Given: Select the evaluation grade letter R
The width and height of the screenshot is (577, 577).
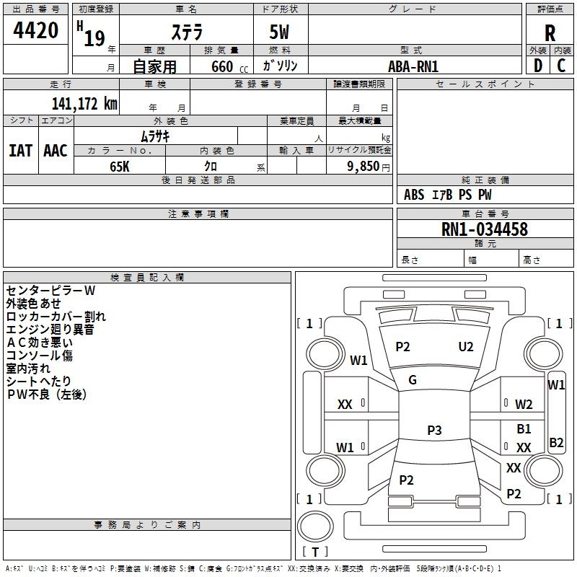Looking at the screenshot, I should [550, 32].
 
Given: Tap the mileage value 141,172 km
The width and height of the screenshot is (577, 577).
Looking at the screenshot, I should [84, 104].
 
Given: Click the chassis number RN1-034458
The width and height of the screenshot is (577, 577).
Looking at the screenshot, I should [485, 230].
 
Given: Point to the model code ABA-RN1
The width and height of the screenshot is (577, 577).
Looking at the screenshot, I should [413, 66].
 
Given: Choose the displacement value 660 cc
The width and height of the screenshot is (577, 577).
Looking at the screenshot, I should [220, 66].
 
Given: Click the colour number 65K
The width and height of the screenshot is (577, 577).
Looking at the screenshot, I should [120, 165].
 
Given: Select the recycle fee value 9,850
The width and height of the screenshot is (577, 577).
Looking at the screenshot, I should [364, 165].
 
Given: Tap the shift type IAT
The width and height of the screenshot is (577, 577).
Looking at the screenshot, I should [20, 151].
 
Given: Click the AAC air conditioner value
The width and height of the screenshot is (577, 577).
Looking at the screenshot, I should [56, 151].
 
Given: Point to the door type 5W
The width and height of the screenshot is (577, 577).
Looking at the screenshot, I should [280, 32].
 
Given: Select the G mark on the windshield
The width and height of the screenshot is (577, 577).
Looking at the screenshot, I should [413, 380].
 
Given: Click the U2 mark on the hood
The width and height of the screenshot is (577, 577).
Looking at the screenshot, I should [466, 347].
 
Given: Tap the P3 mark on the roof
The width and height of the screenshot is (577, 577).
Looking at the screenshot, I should [433, 431].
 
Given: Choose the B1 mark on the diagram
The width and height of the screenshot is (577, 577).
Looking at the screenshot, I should [524, 429].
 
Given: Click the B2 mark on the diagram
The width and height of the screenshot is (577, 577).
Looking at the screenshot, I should [556, 443].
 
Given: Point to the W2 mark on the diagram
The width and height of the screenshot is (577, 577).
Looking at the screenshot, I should [524, 405].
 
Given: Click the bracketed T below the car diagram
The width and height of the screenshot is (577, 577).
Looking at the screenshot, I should [314, 552].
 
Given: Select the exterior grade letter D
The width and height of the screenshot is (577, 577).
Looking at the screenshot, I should [537, 65].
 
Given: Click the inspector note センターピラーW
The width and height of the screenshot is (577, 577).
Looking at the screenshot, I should [50, 291].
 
